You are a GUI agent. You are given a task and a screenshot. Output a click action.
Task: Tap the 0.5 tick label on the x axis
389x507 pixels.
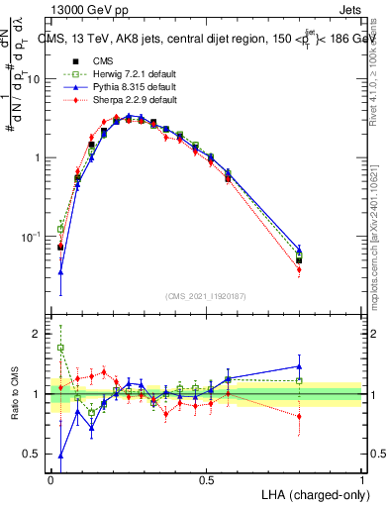pyautogui.click(x=206, y=478)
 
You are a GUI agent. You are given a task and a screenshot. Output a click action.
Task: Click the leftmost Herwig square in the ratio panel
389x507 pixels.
pyautogui.click(x=60, y=348)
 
